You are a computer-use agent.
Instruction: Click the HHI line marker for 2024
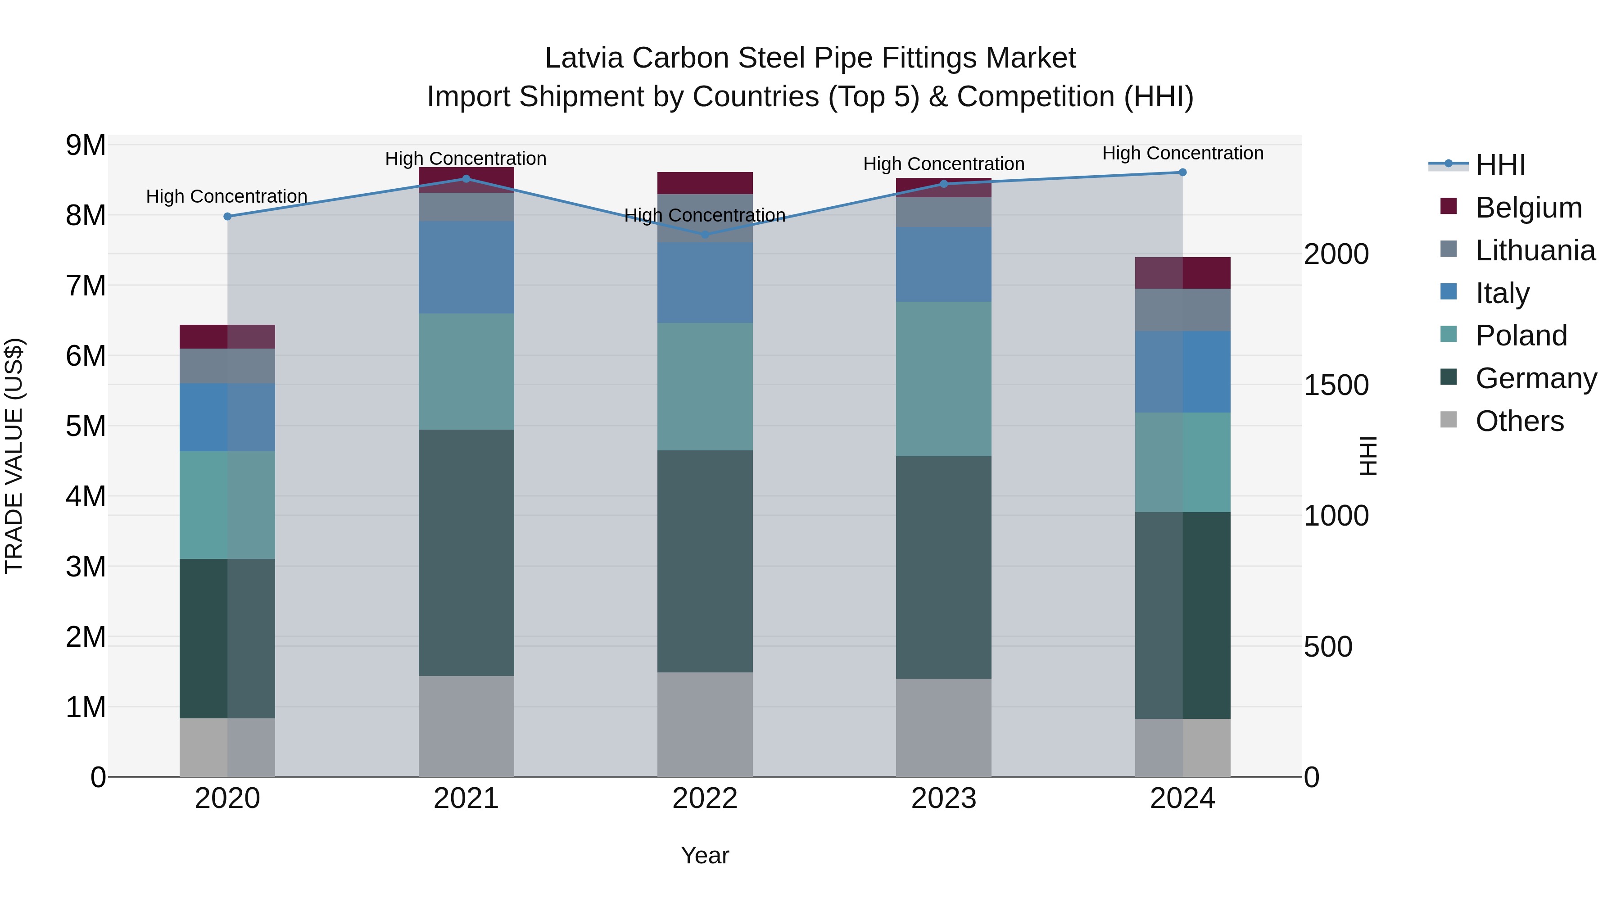(1182, 172)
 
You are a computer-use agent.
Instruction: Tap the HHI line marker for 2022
(705, 235)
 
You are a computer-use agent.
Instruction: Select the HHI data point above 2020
(228, 217)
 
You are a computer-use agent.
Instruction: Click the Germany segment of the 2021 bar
(466, 553)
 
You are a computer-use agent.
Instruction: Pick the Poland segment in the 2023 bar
(943, 379)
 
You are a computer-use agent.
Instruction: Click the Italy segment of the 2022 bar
(705, 283)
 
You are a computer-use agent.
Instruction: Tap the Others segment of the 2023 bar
(943, 728)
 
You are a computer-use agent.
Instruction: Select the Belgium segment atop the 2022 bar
(705, 182)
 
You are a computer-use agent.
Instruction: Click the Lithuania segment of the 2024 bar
(1182, 310)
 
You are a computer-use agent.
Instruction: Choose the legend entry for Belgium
(1528, 208)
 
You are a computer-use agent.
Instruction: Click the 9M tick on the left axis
(86, 145)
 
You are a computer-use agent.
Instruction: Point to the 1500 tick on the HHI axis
(1336, 385)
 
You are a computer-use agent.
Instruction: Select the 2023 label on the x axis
(943, 799)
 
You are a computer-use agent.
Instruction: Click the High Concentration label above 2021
(466, 159)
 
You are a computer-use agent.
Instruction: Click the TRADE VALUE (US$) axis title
(14, 456)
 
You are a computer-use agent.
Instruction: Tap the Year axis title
(705, 855)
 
